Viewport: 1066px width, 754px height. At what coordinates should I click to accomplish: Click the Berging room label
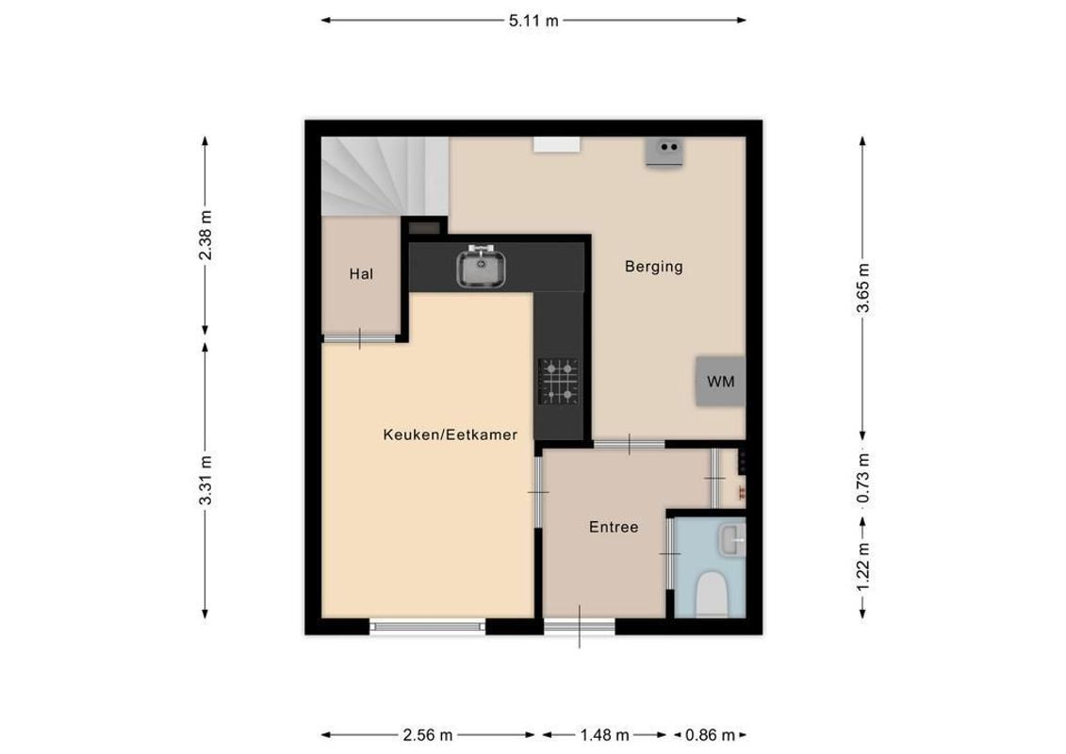tap(653, 267)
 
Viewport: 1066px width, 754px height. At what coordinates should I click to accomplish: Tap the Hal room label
tap(361, 274)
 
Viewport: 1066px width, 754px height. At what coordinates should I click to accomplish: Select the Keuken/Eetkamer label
tap(450, 434)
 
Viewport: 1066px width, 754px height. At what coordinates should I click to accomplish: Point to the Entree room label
tap(614, 527)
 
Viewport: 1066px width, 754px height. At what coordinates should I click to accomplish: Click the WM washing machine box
tap(720, 382)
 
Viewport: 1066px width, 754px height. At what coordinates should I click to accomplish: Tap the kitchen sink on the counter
tap(482, 267)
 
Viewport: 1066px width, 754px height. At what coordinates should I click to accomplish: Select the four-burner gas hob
tap(558, 381)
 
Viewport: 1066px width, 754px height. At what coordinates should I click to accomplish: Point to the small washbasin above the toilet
tap(730, 540)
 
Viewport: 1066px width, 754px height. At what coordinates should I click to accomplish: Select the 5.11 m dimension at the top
tap(533, 20)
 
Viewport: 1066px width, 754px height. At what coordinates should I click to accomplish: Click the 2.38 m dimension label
tap(205, 236)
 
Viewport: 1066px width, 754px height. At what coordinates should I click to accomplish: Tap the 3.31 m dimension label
tap(205, 480)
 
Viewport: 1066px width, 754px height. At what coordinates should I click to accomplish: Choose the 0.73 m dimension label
tap(862, 478)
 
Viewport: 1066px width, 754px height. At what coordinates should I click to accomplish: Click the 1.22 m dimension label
tap(862, 568)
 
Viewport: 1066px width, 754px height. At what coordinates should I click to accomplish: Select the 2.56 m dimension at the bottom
tap(428, 735)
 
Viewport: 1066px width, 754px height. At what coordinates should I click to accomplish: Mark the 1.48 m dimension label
tap(605, 735)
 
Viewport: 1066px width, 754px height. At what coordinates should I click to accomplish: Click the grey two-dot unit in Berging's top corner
tap(666, 152)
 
